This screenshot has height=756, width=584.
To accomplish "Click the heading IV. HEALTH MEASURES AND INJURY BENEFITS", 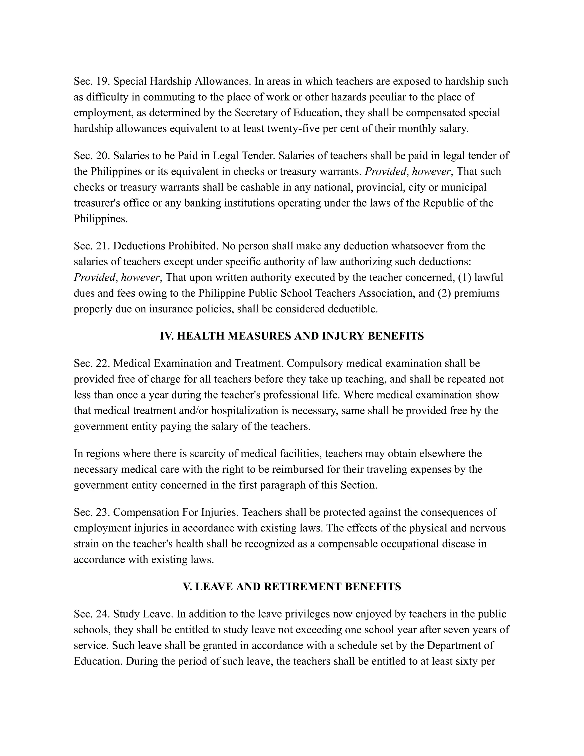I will pyautogui.click(x=292, y=336).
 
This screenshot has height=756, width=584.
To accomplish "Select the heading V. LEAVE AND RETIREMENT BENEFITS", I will pyautogui.click(x=292, y=586).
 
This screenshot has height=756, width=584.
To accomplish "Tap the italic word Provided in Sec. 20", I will pyautogui.click(x=385, y=171).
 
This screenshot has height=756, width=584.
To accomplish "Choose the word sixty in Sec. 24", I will pyautogui.click(x=470, y=661).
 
